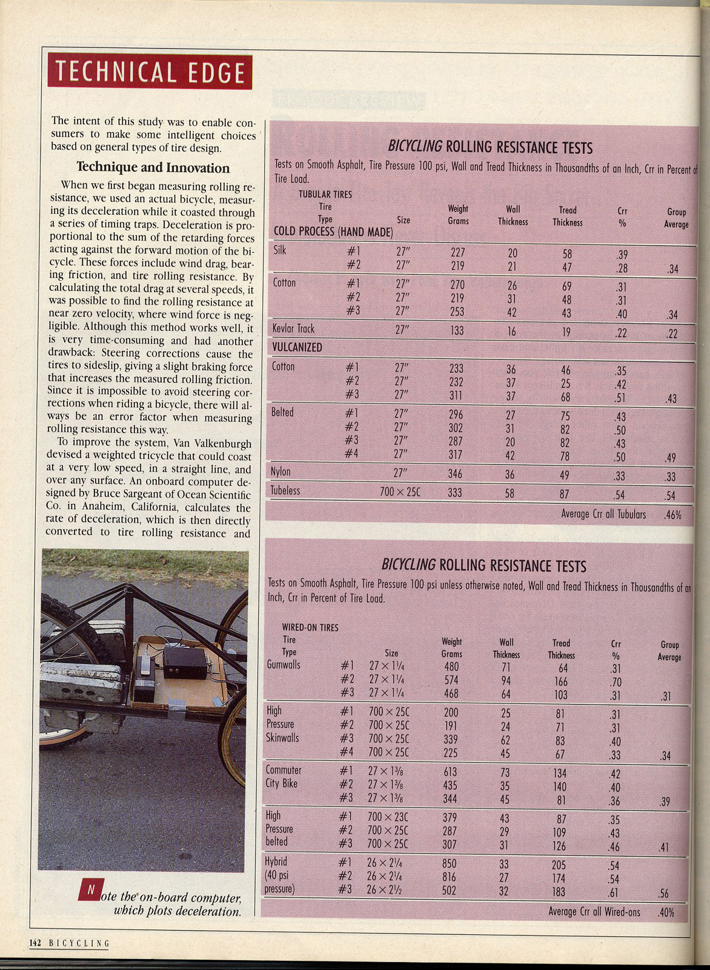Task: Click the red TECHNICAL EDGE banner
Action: click(x=150, y=72)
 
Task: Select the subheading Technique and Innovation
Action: click(x=153, y=168)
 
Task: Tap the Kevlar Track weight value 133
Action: click(x=457, y=330)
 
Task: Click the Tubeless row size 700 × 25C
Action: click(x=400, y=492)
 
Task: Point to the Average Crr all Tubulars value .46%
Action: click(x=672, y=515)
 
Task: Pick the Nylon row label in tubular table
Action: click(x=280, y=472)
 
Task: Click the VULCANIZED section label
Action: click(x=297, y=347)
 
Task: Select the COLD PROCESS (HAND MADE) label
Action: click(x=333, y=232)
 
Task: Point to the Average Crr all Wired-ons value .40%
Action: click(x=666, y=912)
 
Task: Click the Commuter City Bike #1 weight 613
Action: click(x=450, y=772)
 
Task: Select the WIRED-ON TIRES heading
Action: click(x=310, y=627)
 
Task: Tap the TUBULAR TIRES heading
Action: click(x=325, y=195)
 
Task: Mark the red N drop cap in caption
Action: click(x=90, y=890)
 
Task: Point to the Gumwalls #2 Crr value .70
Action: click(x=616, y=682)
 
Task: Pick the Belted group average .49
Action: click(x=671, y=458)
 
